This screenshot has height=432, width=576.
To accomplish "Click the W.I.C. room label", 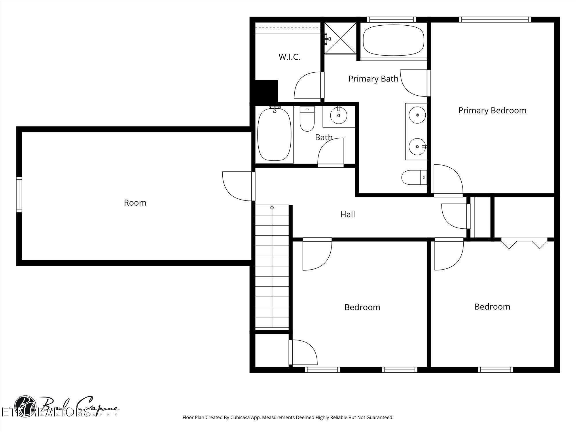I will click(289, 57).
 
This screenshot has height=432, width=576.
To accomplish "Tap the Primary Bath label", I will click(373, 79).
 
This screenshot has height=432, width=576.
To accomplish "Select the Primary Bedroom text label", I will click(492, 110).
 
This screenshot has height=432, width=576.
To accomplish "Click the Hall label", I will click(347, 214).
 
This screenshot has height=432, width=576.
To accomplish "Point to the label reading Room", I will click(135, 203).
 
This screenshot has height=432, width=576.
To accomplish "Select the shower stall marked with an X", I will click(340, 38).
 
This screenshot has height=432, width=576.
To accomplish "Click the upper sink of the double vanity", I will click(417, 115).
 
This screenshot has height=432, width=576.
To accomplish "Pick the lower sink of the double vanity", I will click(417, 147).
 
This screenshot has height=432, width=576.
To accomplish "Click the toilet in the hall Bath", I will click(307, 119).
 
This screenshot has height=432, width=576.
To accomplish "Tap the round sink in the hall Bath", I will click(338, 115).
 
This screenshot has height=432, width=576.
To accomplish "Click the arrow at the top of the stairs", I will click(272, 207).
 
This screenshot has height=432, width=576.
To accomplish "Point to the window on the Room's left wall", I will click(19, 195).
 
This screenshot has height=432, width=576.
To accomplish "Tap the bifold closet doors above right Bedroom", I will click(524, 243).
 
